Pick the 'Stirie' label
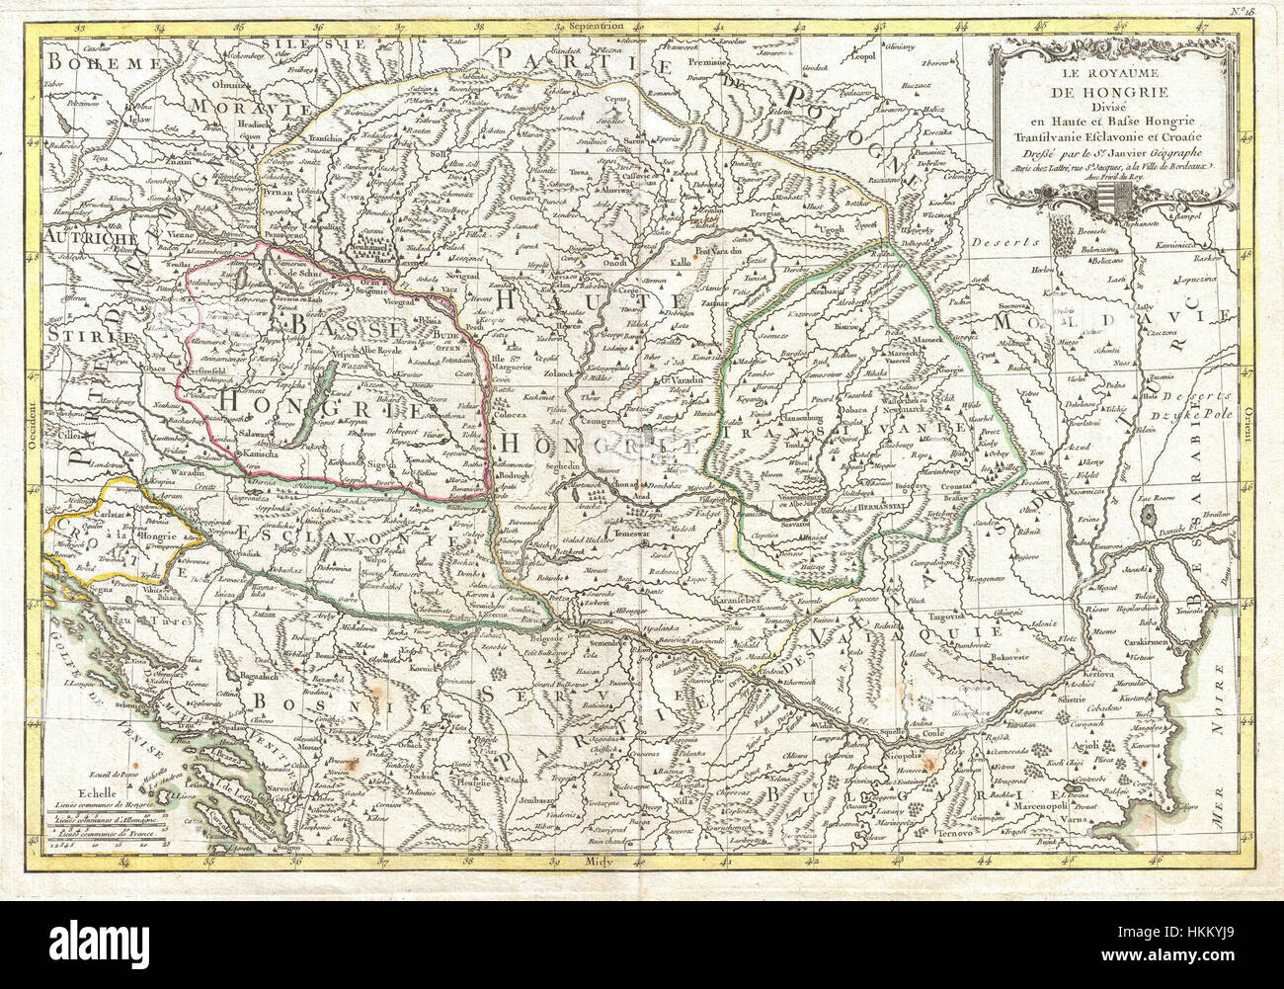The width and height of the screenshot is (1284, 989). coord(85,338)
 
